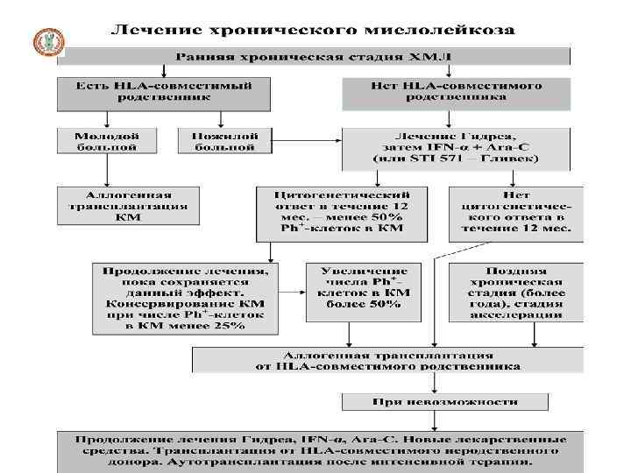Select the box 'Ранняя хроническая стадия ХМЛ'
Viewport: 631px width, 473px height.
(313, 55)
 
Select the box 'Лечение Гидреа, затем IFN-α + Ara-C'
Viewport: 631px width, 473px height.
(456, 148)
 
